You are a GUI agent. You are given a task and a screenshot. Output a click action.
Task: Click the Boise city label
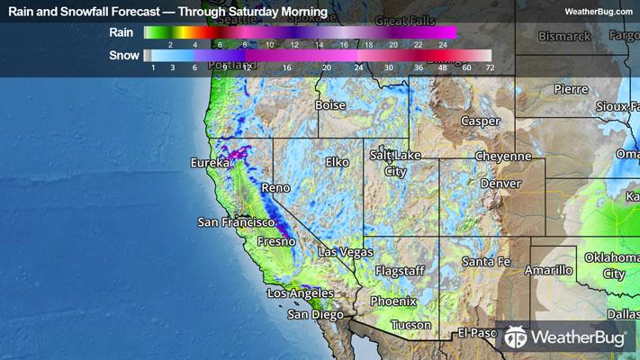pyautogui.click(x=330, y=105)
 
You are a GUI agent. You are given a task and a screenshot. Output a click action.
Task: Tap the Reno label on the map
pyautogui.click(x=271, y=189)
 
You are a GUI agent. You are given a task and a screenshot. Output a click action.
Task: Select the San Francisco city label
pyautogui.click(x=235, y=221)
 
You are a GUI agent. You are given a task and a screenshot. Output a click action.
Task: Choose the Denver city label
pyautogui.click(x=501, y=184)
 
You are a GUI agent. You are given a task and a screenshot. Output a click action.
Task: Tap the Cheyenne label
pyautogui.click(x=504, y=156)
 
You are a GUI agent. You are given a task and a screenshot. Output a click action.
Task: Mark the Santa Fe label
pyautogui.click(x=486, y=262)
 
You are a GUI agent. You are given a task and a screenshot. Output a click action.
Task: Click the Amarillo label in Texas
pyautogui.click(x=549, y=270)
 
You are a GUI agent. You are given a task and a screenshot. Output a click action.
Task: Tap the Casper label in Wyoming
pyautogui.click(x=480, y=121)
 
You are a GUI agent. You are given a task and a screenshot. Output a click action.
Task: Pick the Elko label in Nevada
pyautogui.click(x=337, y=163)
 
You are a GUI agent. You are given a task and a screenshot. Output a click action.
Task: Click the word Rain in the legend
pyautogui.click(x=122, y=32)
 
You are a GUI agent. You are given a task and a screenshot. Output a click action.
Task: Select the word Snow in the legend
pyautogui.click(x=123, y=56)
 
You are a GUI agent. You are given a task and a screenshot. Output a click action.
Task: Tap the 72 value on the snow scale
pyautogui.click(x=490, y=67)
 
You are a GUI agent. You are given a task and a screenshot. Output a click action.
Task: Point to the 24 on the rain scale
pyautogui.click(x=442, y=44)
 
